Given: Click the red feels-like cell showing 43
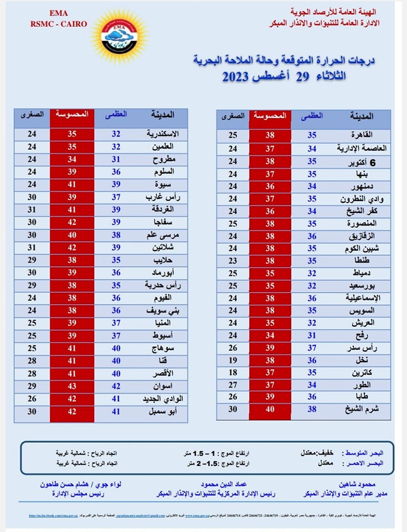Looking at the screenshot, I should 72,385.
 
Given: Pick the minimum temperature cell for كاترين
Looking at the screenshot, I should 233,372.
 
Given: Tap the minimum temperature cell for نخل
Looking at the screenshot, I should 233,360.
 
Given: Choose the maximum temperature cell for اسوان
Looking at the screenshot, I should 116,385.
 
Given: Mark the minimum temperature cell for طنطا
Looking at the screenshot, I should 233,260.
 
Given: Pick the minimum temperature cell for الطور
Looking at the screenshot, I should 233,385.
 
